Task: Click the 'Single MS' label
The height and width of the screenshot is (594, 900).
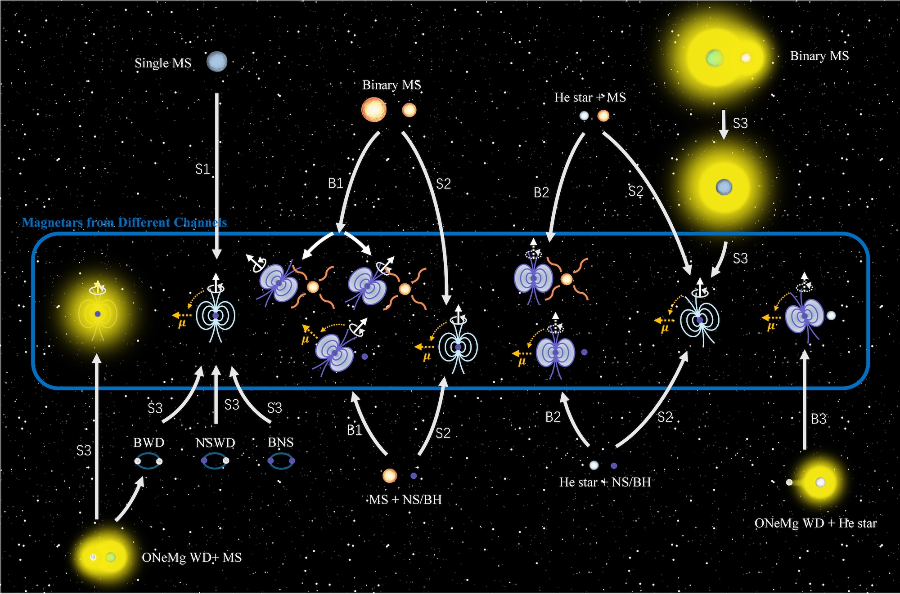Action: pyautogui.click(x=163, y=63)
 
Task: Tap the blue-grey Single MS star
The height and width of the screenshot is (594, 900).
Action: pyautogui.click(x=217, y=61)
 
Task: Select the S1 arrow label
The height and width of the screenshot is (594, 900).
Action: pyautogui.click(x=202, y=169)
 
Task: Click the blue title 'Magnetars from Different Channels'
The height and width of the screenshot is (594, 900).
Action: pyautogui.click(x=124, y=222)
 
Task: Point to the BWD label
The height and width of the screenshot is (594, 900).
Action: pyautogui.click(x=149, y=442)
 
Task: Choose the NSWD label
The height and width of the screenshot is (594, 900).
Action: pyautogui.click(x=216, y=443)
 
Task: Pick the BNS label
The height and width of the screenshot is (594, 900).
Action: pyautogui.click(x=281, y=442)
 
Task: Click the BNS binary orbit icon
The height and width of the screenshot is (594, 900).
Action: pyautogui.click(x=281, y=461)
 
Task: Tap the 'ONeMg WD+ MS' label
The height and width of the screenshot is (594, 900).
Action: pyautogui.click(x=192, y=558)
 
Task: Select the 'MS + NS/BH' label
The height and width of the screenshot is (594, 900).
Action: pyautogui.click(x=405, y=500)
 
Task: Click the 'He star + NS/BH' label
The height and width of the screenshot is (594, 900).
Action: pyautogui.click(x=605, y=482)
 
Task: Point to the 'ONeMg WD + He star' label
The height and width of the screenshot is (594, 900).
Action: pyautogui.click(x=815, y=523)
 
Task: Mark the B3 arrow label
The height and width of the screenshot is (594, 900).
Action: pyautogui.click(x=819, y=419)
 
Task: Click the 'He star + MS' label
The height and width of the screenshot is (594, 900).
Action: pyautogui.click(x=590, y=97)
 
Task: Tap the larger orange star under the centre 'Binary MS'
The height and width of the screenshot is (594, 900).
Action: pyautogui.click(x=374, y=110)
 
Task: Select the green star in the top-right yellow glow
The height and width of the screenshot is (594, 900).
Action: pyautogui.click(x=714, y=58)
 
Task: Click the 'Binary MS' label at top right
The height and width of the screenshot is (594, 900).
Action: pyautogui.click(x=819, y=56)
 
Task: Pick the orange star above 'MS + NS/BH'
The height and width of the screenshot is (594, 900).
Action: pyautogui.click(x=389, y=475)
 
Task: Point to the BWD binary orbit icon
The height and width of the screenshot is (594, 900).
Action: pyautogui.click(x=148, y=461)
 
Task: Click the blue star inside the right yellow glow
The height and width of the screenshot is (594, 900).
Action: pyautogui.click(x=724, y=187)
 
